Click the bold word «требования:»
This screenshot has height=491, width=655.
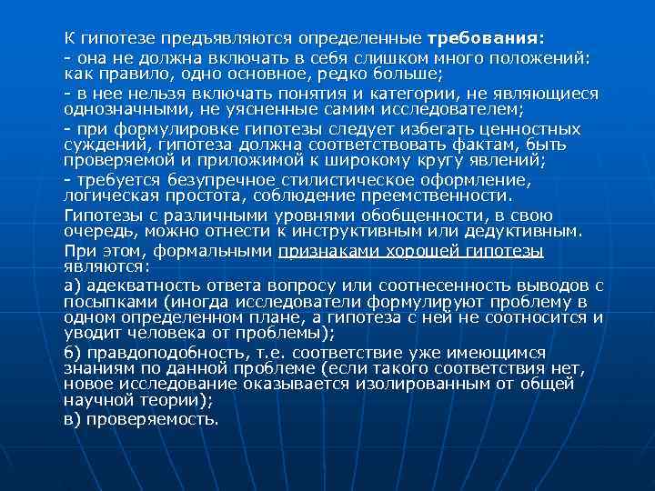[x=485, y=39]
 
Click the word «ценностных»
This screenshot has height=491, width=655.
[x=529, y=128]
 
